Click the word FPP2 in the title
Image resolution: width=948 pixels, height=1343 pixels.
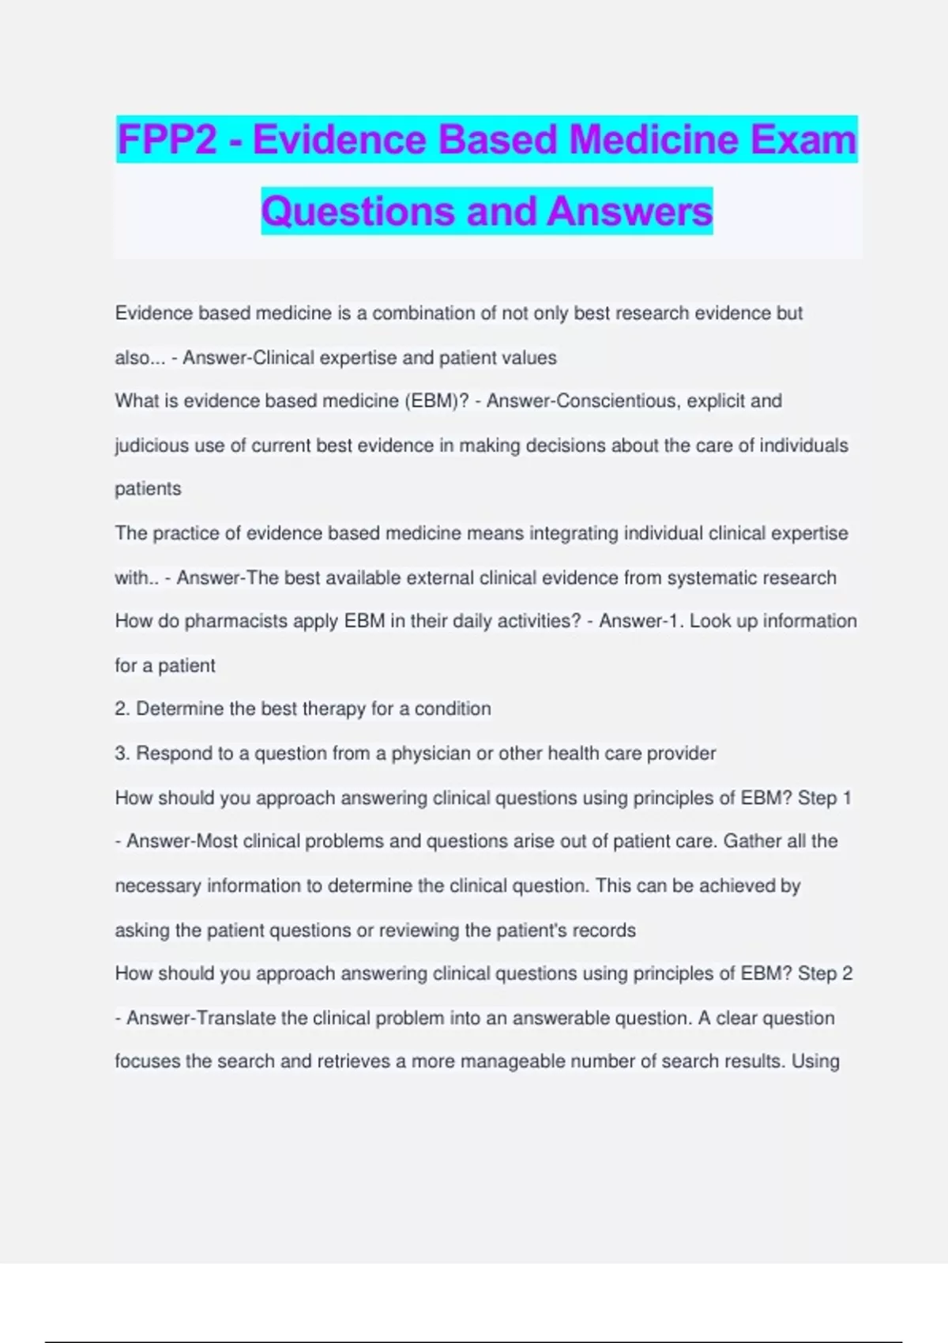(167, 140)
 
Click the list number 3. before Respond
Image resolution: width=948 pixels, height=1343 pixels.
(122, 753)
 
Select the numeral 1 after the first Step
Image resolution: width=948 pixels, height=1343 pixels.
(847, 798)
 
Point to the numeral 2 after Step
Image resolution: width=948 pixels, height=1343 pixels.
(847, 973)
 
